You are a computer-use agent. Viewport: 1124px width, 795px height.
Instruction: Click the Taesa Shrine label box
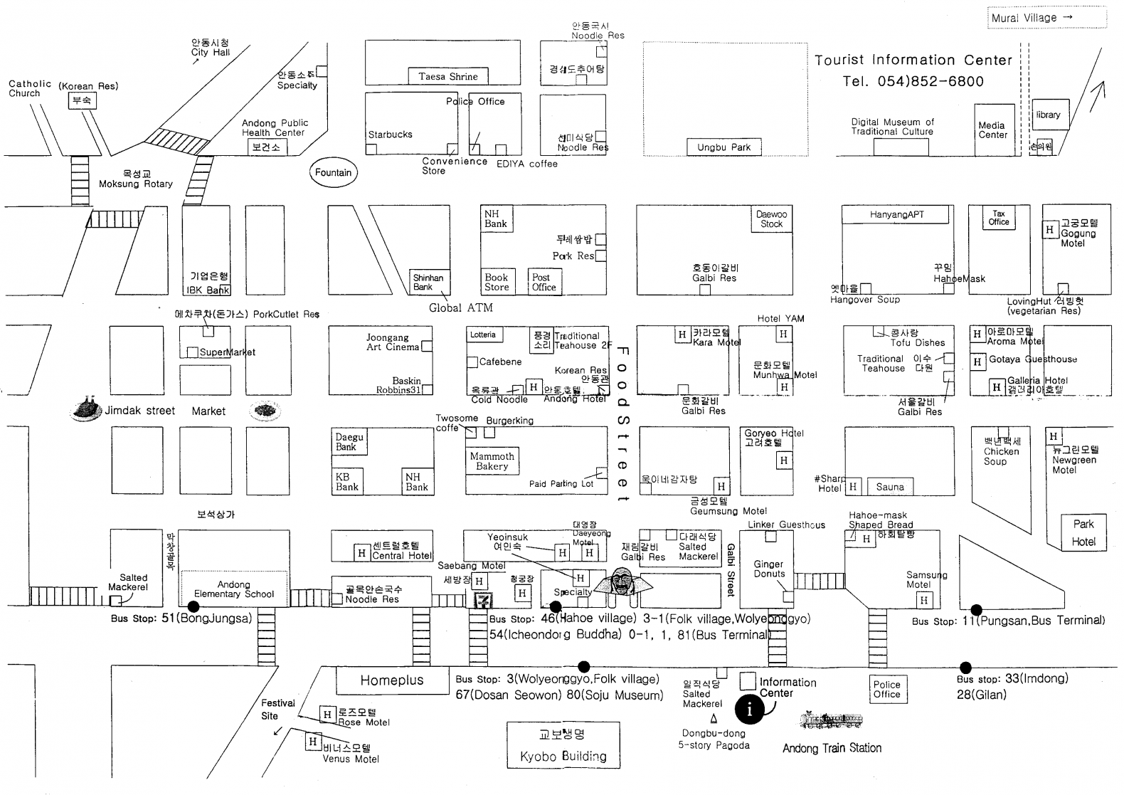pyautogui.click(x=448, y=76)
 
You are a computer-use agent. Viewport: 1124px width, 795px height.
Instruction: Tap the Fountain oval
pyautogui.click(x=333, y=172)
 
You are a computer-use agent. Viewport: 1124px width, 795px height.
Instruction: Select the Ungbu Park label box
pyautogui.click(x=723, y=147)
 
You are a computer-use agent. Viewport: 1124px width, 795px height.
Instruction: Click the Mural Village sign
pyautogui.click(x=1046, y=18)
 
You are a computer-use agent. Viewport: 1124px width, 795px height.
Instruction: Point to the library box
pyautogui.click(x=1049, y=115)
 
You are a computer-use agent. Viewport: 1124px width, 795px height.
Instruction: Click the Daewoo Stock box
pyautogui.click(x=771, y=219)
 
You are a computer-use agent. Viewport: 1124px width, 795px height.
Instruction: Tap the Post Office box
pyautogui.click(x=544, y=283)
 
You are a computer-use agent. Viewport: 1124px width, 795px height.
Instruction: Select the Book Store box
pyautogui.click(x=497, y=283)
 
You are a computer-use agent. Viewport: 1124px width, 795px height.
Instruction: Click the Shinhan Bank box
pyautogui.click(x=429, y=283)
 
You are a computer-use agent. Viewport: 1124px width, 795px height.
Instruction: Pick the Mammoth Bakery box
pyautogui.click(x=492, y=461)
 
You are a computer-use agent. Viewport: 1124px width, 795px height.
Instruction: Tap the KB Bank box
pyautogui.click(x=348, y=482)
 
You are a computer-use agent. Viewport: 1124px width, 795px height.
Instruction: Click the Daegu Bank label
pyautogui.click(x=349, y=442)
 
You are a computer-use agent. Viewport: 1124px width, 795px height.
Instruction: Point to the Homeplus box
pyautogui.click(x=391, y=680)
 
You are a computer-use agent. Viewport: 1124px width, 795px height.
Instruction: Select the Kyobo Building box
pyautogui.click(x=563, y=745)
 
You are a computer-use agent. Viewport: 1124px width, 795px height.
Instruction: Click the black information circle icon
pyautogui.click(x=749, y=710)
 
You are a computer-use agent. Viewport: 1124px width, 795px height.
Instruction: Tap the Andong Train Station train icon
pyautogui.click(x=832, y=721)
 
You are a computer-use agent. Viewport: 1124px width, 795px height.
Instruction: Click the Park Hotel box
pyautogui.click(x=1083, y=532)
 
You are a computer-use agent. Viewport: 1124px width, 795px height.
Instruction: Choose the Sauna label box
pyautogui.click(x=890, y=487)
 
